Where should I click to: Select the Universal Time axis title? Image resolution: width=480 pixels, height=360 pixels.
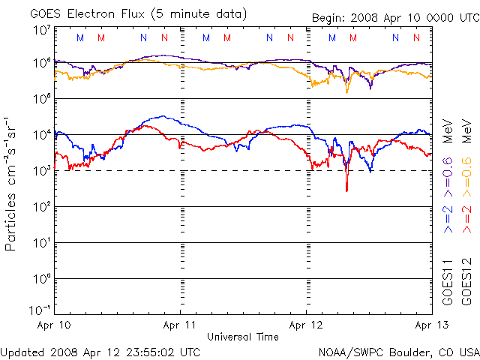coord(243,337)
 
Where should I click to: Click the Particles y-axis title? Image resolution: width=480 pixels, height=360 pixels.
coord(12,184)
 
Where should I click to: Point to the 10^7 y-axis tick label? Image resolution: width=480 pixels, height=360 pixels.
coord(40,31)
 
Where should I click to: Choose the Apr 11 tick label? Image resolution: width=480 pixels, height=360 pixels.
coord(181,326)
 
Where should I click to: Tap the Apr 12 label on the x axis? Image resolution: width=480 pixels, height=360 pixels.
coord(307,326)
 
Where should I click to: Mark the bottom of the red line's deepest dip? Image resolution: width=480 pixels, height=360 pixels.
coord(346,191)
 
